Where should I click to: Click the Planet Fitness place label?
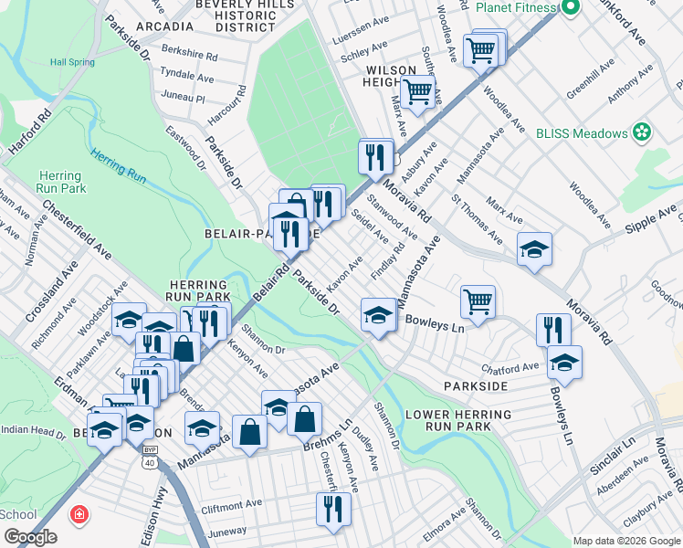coord(516,7)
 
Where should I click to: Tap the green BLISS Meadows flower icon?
coord(642,132)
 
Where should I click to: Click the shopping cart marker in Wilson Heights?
coord(417,90)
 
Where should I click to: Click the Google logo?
coord(30,537)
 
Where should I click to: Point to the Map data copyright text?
coord(625,541)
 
